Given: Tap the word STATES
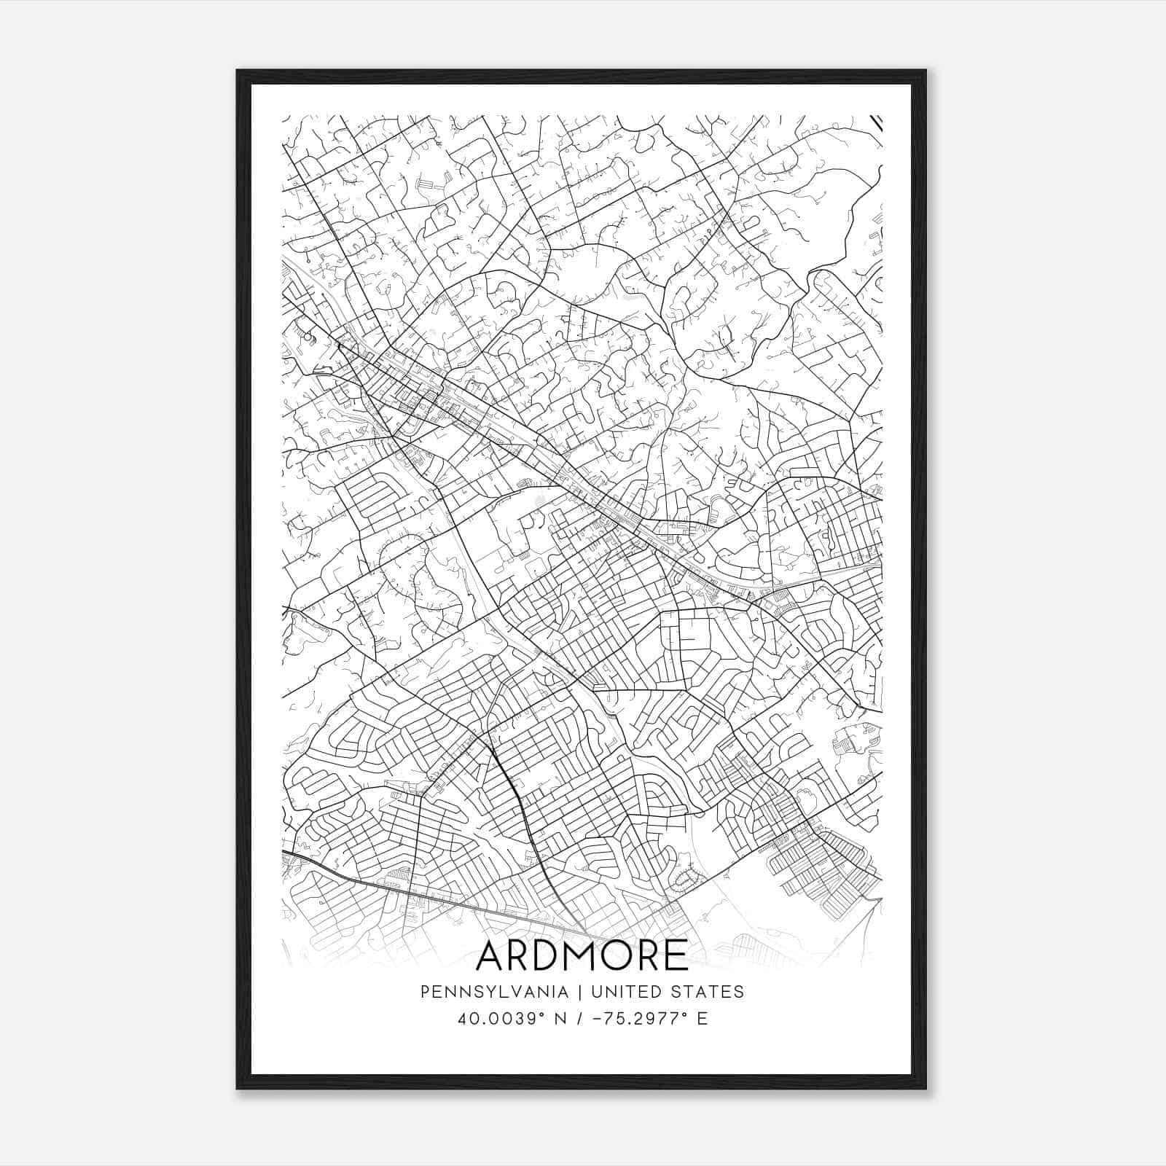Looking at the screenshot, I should tap(709, 991).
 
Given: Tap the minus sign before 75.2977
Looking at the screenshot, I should tap(599, 1018).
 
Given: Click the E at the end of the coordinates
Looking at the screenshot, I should tap(703, 1018).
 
